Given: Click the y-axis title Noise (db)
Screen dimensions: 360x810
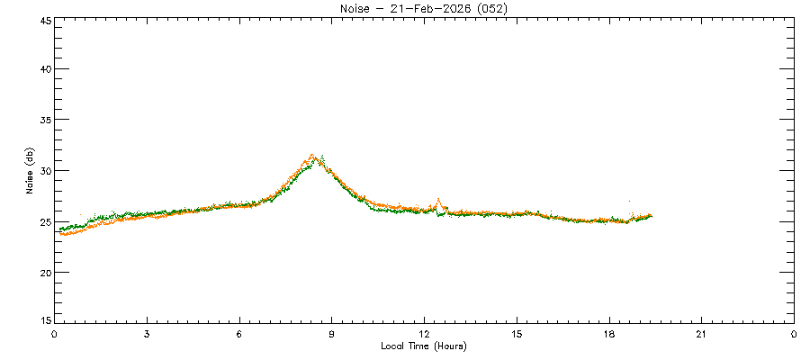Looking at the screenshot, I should [x=30, y=171].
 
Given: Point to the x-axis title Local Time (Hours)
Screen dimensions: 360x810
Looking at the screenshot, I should [x=423, y=346].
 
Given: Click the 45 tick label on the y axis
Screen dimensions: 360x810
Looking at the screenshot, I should [x=41, y=20].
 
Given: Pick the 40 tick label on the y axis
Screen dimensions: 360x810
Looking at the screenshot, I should [x=41, y=69].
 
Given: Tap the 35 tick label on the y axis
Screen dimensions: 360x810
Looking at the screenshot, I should [x=41, y=120].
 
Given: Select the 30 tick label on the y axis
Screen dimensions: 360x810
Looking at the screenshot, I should [x=41, y=171].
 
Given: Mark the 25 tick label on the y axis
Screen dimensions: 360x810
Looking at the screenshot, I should [x=41, y=221].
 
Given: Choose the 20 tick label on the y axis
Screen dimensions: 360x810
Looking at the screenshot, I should [x=41, y=273].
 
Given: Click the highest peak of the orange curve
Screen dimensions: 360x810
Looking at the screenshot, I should [x=312, y=155].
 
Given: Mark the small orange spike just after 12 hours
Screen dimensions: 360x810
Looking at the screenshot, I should [x=438, y=200].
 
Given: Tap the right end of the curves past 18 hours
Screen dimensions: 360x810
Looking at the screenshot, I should [x=651, y=216].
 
